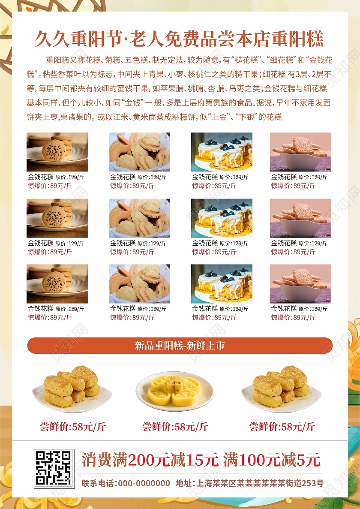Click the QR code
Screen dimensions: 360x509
click(x=54, y=468)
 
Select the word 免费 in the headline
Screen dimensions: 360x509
click(x=182, y=39)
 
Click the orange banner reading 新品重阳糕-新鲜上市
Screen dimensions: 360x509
click(x=180, y=345)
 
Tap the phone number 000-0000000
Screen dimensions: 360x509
click(x=144, y=483)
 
